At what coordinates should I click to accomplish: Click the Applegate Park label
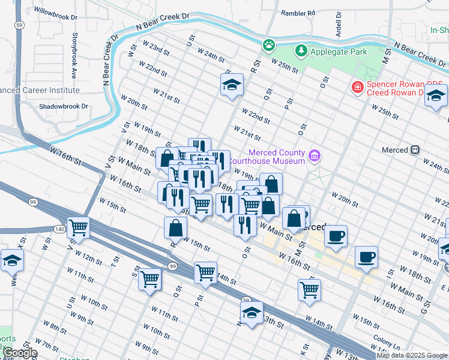click(x=338, y=52)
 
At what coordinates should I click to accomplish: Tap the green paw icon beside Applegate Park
click(x=269, y=44)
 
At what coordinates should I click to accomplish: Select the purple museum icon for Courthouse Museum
click(x=314, y=157)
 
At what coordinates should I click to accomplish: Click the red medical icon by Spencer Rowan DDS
click(x=358, y=88)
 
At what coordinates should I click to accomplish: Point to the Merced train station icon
click(x=415, y=149)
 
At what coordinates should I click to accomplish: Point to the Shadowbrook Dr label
click(x=63, y=106)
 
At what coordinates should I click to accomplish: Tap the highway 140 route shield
click(x=59, y=229)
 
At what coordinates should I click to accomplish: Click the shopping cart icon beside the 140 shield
click(x=79, y=228)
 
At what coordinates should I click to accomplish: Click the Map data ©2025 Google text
click(x=412, y=355)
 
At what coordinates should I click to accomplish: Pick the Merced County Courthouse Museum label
click(x=277, y=157)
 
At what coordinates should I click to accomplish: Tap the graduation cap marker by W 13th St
click(x=252, y=313)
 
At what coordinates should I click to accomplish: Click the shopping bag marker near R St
click(x=175, y=229)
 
